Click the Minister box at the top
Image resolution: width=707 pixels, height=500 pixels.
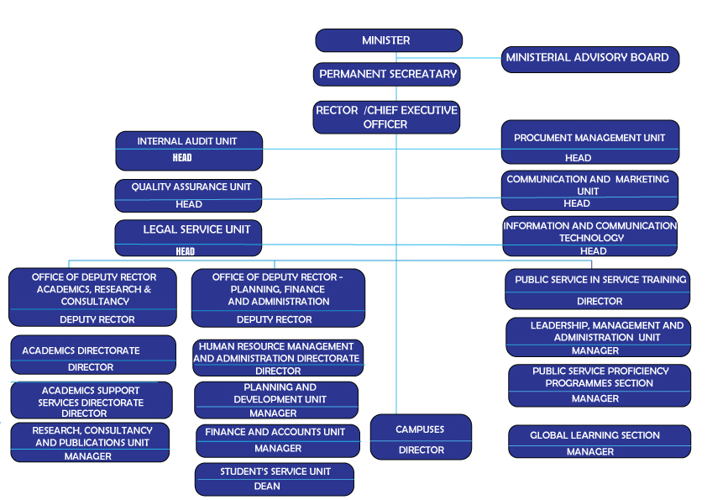tap(388, 40)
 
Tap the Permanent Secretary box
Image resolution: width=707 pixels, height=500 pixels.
tap(388, 75)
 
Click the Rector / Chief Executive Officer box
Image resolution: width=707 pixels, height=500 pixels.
tap(386, 118)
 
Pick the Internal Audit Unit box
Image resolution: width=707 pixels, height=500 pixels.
tap(188, 150)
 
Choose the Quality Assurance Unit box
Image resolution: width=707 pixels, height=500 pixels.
tap(188, 195)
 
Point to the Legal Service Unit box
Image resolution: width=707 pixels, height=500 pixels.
tap(188, 238)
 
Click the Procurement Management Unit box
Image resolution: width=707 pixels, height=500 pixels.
tap(589, 143)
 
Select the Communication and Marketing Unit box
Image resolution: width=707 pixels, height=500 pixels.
tap(589, 190)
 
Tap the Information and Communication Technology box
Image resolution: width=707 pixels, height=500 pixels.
tap(589, 237)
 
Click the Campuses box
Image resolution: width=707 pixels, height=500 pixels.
tap(421, 437)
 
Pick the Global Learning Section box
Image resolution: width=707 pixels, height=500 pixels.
tap(599, 441)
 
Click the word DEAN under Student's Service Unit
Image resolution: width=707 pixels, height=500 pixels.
tap(267, 487)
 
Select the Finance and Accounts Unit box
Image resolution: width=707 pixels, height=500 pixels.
tap(277, 440)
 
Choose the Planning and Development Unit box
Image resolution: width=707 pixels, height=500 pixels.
tap(276, 400)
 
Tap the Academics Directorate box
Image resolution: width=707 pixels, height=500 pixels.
tap(92, 355)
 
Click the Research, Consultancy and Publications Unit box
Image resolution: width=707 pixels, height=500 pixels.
tap(92, 442)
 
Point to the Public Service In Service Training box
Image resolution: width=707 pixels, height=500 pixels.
tap(597, 289)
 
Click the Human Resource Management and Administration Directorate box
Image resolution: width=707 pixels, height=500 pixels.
tap(278, 358)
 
